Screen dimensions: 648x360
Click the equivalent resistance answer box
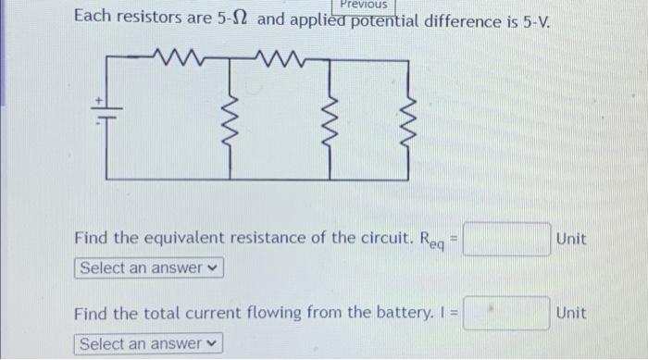[x=507, y=240]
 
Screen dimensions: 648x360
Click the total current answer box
[x=507, y=313]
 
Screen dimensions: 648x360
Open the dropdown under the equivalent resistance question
[x=149, y=268]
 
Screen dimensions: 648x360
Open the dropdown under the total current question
[x=149, y=344]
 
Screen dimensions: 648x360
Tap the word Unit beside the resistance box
[x=571, y=240]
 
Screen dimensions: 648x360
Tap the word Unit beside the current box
[x=571, y=314]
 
